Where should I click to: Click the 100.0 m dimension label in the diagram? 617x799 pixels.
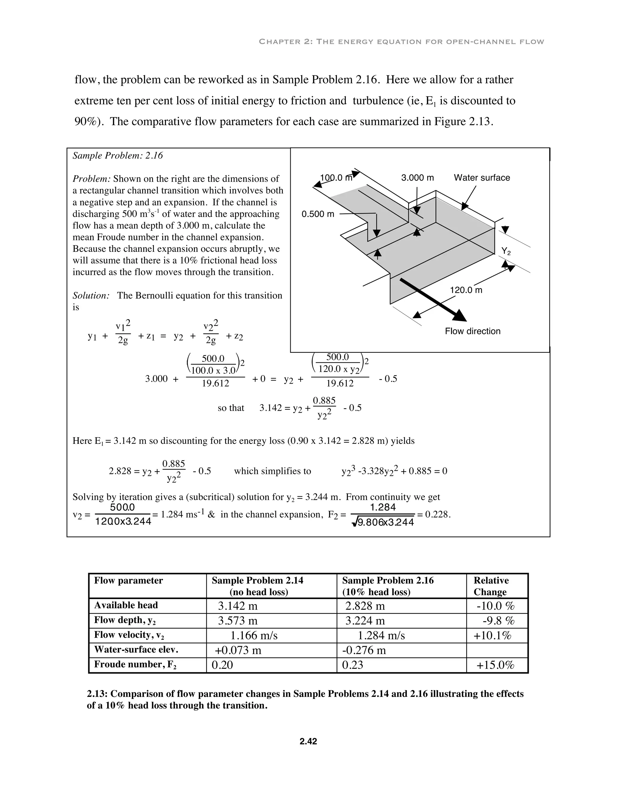click(x=336, y=178)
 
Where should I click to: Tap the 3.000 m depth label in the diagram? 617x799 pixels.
click(x=418, y=178)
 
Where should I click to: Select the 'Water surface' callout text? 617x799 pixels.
click(x=482, y=178)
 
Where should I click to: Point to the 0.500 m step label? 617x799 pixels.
click(x=318, y=214)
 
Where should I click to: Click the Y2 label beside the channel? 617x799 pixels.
click(x=506, y=251)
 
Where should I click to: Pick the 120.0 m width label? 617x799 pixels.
click(x=466, y=290)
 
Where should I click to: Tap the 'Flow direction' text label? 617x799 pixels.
click(x=472, y=331)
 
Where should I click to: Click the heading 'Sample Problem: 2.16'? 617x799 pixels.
click(x=118, y=156)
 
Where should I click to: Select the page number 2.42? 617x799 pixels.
click(x=308, y=741)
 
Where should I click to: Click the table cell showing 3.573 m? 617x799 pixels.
click(x=238, y=621)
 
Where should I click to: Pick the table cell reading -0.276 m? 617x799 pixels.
click(x=364, y=650)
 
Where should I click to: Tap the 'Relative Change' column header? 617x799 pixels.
click(x=490, y=586)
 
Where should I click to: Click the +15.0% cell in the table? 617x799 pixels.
click(x=495, y=665)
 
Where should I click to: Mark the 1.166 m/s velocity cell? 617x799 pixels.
click(x=254, y=636)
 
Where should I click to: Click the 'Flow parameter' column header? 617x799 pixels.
click(x=128, y=581)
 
